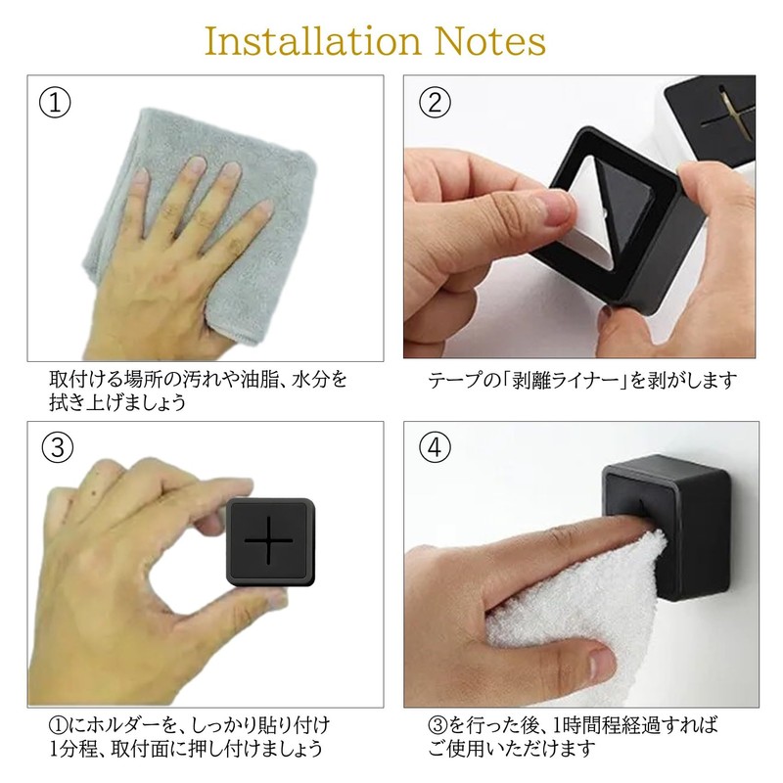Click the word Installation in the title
click(x=313, y=41)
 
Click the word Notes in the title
click(x=490, y=41)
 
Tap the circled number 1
click(x=55, y=103)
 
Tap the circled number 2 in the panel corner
click(x=435, y=103)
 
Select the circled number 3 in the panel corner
click(x=58, y=447)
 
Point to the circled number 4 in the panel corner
click(x=435, y=447)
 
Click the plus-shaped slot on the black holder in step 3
click(x=268, y=540)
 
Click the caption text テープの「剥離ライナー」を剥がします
click(x=582, y=381)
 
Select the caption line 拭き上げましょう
click(x=117, y=402)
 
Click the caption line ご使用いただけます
click(x=512, y=749)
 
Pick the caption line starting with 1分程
click(x=186, y=749)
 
